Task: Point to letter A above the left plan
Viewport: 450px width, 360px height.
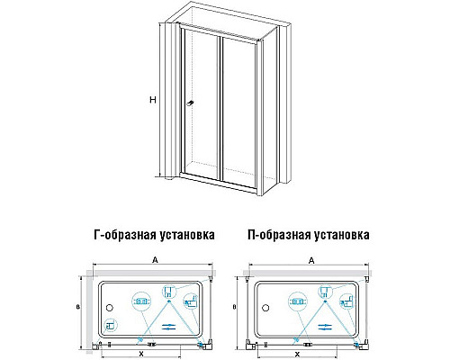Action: [156, 258]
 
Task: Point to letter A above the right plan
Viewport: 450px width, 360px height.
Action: [310, 258]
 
